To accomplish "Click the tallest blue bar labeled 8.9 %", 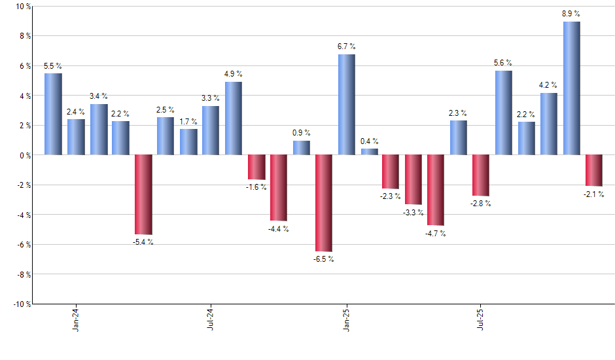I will [571, 88].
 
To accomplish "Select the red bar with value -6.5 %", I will [324, 203].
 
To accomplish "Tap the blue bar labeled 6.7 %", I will [347, 105].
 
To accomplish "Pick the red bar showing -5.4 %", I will [143, 194].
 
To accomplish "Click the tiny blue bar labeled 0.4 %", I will [369, 152].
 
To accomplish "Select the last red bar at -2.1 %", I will [593, 170].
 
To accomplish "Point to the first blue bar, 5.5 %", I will [53, 114].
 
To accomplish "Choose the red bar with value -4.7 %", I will [436, 190].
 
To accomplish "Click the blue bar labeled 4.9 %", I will [234, 118].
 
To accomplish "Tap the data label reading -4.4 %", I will [279, 229].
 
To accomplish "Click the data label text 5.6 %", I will [503, 63].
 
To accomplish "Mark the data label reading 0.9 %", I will [301, 133].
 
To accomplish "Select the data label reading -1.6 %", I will [256, 187].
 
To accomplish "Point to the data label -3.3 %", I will [413, 213].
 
